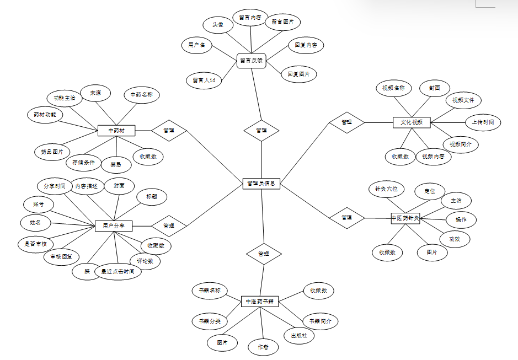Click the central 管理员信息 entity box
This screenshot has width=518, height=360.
[x=261, y=184]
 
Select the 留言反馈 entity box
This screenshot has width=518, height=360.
[x=251, y=61]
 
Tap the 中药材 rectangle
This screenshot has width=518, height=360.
[x=116, y=131]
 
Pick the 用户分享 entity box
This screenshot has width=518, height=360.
[x=114, y=225]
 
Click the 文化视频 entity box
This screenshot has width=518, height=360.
[x=412, y=122]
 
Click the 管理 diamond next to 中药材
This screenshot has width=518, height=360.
[x=169, y=131]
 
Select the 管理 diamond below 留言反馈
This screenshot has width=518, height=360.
[x=261, y=131]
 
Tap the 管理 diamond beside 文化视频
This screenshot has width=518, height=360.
[x=346, y=122]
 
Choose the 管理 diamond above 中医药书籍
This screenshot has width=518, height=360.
[x=264, y=254]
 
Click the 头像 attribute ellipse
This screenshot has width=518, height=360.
[x=219, y=25]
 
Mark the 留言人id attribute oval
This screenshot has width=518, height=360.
[x=204, y=80]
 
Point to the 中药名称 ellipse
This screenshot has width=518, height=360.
[x=142, y=95]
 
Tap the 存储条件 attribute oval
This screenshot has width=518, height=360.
[x=84, y=163]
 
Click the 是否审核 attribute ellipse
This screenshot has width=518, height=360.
[x=36, y=243]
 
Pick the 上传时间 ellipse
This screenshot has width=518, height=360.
[x=482, y=122]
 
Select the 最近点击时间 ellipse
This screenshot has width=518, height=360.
[x=118, y=271]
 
